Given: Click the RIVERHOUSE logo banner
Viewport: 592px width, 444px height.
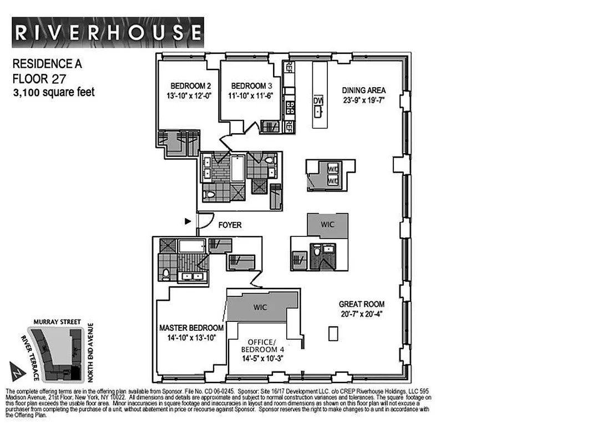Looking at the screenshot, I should [x=108, y=32].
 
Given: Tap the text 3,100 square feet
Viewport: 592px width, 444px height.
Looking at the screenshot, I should [x=54, y=93].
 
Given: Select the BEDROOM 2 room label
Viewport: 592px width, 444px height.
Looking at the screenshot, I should [x=190, y=86].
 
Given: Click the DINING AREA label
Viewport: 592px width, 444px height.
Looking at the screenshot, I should [x=363, y=90].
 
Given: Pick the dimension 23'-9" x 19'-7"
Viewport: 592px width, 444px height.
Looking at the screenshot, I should [x=363, y=100].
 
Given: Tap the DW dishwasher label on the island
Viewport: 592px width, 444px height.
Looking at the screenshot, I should [x=318, y=101].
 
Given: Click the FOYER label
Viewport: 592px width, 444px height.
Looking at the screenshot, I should [x=230, y=225].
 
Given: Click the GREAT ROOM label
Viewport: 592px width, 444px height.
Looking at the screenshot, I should [x=362, y=304].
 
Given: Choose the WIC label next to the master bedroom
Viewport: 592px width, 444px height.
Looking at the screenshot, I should [x=261, y=306].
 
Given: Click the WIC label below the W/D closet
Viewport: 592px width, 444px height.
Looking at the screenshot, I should [x=328, y=225].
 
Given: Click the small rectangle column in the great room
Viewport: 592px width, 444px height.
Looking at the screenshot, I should [x=332, y=334].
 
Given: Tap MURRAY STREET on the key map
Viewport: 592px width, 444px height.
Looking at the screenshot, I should [x=57, y=321].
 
